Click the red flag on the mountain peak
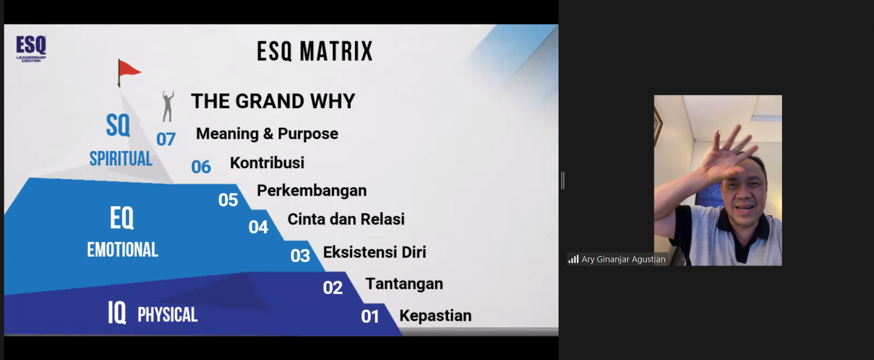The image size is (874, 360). tap(129, 71)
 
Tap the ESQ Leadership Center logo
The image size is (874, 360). tap(31, 49)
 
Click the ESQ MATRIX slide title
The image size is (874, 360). tap(315, 51)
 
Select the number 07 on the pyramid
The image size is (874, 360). tap(166, 139)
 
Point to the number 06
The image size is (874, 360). tap(201, 167)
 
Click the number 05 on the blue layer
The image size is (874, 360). tap(228, 200)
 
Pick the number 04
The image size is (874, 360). tap(258, 227)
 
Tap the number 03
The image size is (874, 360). tap(300, 256)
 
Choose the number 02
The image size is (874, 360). tap(333, 288)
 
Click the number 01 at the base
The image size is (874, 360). tap(370, 317)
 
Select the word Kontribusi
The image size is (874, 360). tap(267, 163)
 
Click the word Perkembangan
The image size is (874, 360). tap(312, 191)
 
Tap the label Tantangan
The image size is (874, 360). tap(404, 284)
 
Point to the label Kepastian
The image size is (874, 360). tap(436, 316)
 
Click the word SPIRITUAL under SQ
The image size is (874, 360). tap(121, 159)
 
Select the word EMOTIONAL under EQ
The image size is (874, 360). tap(122, 250)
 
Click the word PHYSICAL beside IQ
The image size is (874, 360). tap(168, 315)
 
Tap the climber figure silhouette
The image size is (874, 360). tap(168, 107)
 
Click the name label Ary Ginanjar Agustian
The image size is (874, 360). tap(623, 259)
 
